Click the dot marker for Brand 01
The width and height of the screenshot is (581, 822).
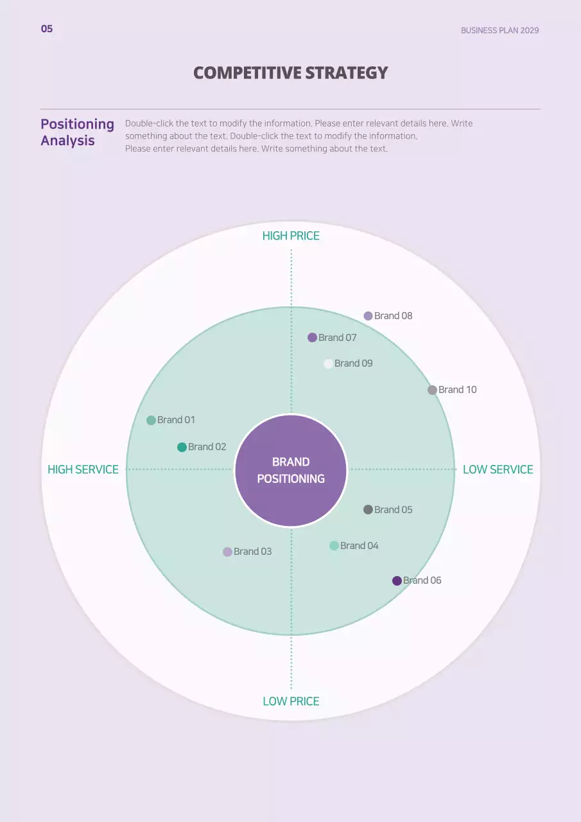pos(151,420)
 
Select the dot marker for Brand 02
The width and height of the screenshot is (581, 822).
pos(182,447)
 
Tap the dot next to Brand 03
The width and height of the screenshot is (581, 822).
pos(227,552)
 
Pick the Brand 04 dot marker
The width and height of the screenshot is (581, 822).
pos(334,546)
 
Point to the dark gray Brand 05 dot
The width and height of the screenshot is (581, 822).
pos(368,510)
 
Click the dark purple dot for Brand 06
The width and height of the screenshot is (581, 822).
pos(397,581)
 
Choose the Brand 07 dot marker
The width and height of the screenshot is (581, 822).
pos(312,338)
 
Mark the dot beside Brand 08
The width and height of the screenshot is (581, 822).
pos(368,316)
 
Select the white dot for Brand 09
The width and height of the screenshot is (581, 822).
pos(328,363)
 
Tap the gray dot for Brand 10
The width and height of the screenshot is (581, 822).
pos(432,390)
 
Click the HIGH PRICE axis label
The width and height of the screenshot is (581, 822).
pos(291,236)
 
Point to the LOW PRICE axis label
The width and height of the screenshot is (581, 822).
pos(291,701)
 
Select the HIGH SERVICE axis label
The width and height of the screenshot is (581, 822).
pos(83,469)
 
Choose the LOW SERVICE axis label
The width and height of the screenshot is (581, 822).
pos(498,469)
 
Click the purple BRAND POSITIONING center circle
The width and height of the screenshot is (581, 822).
pos(291,471)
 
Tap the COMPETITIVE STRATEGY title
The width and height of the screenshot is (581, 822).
pos(291,73)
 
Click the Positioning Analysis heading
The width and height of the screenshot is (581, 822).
pos(77,132)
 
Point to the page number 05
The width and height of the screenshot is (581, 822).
pos(47,29)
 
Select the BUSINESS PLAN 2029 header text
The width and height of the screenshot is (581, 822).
pos(499,30)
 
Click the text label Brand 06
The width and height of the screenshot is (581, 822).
pos(422,581)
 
